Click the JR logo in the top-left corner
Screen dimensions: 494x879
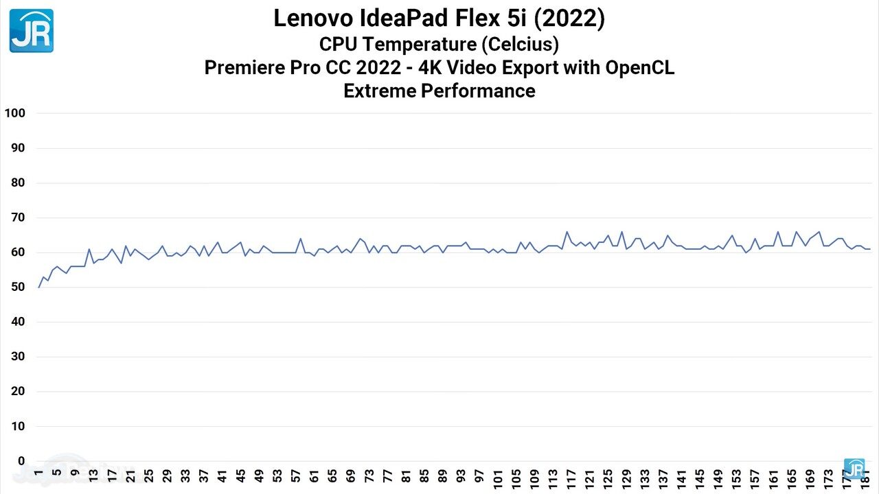(x=31, y=31)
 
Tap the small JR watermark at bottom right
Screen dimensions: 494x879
(x=854, y=469)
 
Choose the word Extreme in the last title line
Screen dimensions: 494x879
(x=378, y=91)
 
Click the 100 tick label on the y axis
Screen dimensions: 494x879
(x=14, y=113)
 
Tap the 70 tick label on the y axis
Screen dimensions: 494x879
(x=17, y=217)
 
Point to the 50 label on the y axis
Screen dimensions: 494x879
(x=17, y=287)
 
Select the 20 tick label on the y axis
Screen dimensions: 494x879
(x=17, y=392)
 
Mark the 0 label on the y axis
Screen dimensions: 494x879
(x=21, y=461)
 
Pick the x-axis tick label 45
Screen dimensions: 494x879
(x=240, y=476)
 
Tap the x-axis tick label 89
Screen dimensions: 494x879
(x=443, y=476)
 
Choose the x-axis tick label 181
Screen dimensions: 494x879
(x=865, y=478)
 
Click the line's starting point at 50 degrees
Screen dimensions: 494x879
(x=38, y=287)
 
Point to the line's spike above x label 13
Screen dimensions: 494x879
(x=89, y=249)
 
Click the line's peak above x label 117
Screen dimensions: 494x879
(x=567, y=232)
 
